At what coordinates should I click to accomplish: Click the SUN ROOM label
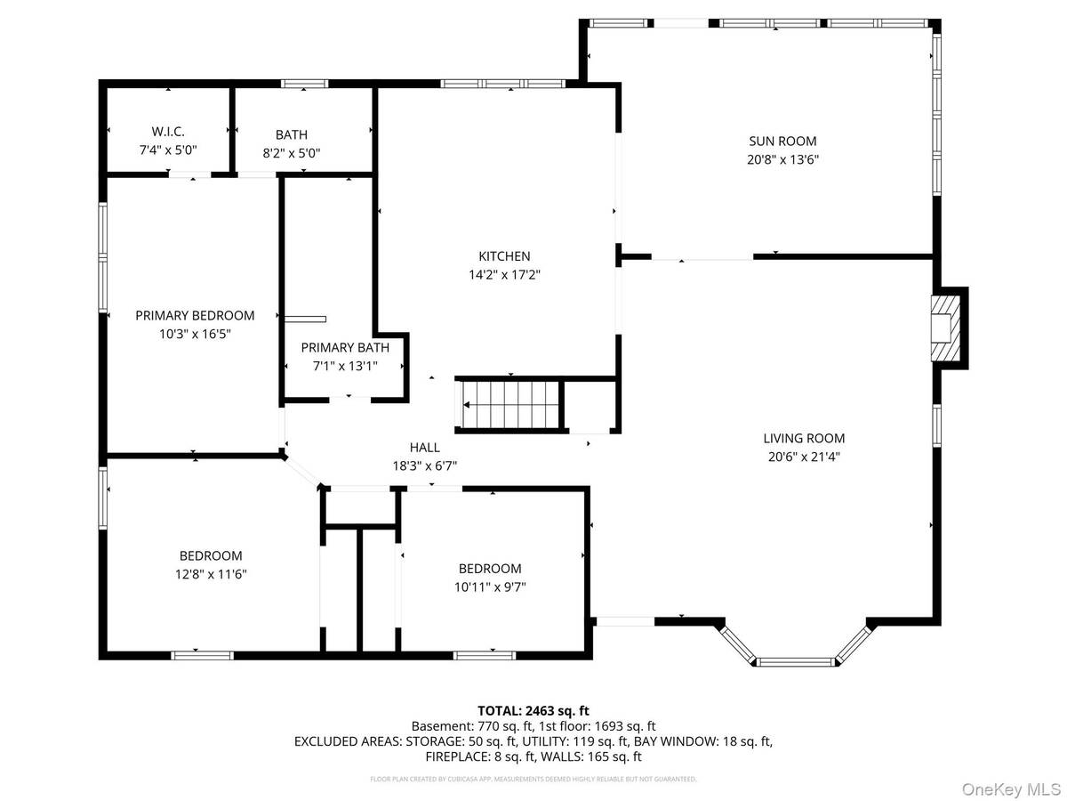click(x=783, y=141)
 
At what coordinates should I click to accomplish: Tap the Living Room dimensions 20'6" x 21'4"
click(x=804, y=457)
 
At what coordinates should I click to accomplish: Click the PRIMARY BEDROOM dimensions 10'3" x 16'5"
click(x=195, y=334)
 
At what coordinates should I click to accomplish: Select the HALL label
click(x=424, y=447)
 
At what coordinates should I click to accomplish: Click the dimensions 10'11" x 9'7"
click(x=490, y=587)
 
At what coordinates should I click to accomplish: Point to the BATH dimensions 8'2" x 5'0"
click(x=291, y=152)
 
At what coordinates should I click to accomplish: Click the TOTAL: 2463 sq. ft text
click(x=533, y=710)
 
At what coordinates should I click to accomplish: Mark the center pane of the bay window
click(x=796, y=661)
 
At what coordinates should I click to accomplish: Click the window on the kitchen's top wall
click(x=502, y=85)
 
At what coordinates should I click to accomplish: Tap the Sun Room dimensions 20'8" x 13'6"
click(x=783, y=160)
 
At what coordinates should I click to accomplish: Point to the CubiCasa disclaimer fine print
click(x=533, y=779)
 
